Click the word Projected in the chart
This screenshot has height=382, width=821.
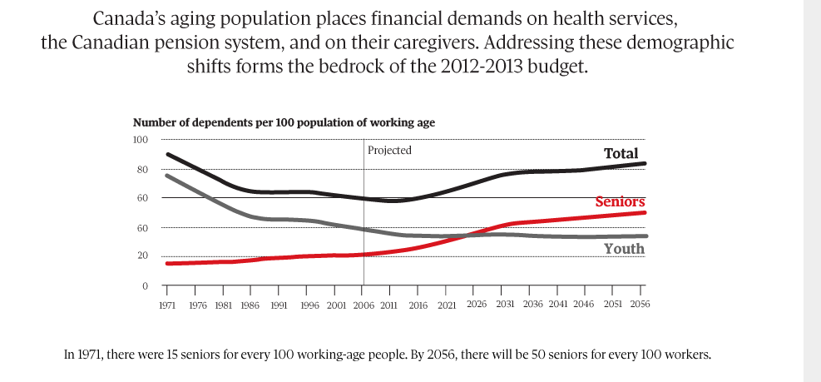[389, 151]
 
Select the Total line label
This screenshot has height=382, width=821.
[621, 153]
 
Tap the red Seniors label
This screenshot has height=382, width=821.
[621, 201]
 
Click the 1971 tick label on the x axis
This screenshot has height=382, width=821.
[166, 305]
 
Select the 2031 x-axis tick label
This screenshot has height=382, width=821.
[504, 305]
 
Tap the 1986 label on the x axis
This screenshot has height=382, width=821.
[250, 305]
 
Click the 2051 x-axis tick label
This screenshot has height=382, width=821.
[612, 305]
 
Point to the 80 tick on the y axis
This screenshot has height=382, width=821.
[142, 170]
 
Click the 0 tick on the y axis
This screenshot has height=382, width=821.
[145, 286]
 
